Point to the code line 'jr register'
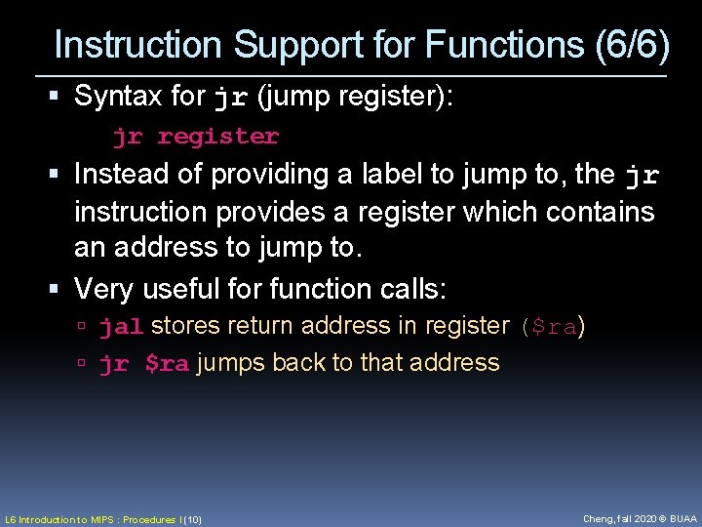click(x=195, y=137)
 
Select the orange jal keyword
click(x=122, y=327)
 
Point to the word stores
click(x=186, y=326)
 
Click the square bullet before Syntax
click(x=60, y=97)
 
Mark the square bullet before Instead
click(x=60, y=175)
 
